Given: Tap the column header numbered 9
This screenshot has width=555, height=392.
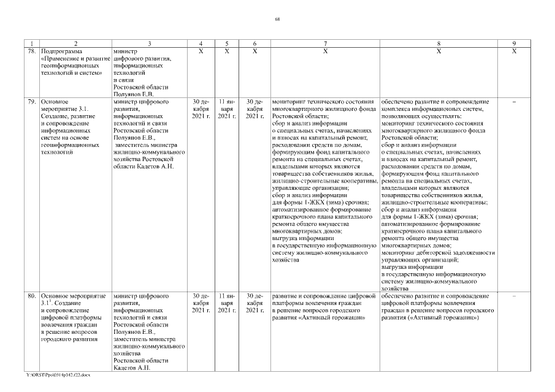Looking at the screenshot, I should pos(514,43).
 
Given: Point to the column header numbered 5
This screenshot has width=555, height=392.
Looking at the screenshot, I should pos(227,43).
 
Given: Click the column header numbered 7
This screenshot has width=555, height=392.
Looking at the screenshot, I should pos(325,43).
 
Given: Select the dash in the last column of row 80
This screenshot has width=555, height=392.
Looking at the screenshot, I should pos(514,296).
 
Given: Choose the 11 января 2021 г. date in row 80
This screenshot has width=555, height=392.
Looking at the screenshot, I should pos(227,304).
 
